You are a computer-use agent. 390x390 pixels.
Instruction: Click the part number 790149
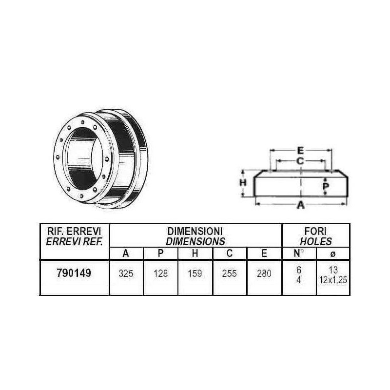74,273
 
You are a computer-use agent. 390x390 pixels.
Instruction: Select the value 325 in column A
126,273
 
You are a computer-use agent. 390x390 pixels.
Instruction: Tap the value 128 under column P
161,273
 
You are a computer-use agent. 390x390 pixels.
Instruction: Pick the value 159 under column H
195,273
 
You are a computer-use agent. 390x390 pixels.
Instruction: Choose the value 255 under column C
229,273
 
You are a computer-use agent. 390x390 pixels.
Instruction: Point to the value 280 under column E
264,273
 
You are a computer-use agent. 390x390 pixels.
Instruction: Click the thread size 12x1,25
333,280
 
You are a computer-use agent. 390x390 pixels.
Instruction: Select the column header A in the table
126,253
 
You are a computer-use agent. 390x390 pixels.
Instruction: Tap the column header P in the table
161,253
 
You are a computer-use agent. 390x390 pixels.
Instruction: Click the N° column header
298,253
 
